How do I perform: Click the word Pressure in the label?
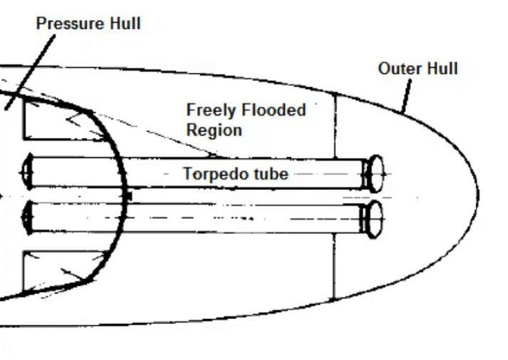pos(70,23)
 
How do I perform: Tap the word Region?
pos(214,130)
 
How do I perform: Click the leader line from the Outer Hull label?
pos(406,96)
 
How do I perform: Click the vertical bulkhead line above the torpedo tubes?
pos(335,126)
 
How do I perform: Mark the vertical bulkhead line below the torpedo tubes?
pos(333,267)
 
